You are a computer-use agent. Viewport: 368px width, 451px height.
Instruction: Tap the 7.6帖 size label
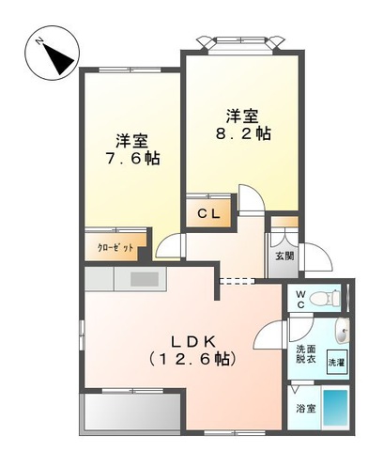click(x=131, y=159)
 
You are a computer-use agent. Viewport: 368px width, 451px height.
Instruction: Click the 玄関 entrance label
click(x=284, y=256)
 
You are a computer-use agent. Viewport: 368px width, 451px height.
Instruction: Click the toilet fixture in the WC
click(x=322, y=300)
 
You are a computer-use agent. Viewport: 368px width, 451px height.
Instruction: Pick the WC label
click(x=301, y=299)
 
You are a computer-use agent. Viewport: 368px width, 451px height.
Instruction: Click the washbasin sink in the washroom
click(x=342, y=332)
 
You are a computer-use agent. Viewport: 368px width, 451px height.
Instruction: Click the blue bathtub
click(x=335, y=408)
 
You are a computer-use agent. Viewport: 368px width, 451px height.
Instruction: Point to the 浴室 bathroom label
click(x=306, y=409)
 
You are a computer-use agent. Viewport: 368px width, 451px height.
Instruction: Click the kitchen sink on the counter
click(x=145, y=278)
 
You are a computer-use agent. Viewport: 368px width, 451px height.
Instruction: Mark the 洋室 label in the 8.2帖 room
click(x=240, y=116)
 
